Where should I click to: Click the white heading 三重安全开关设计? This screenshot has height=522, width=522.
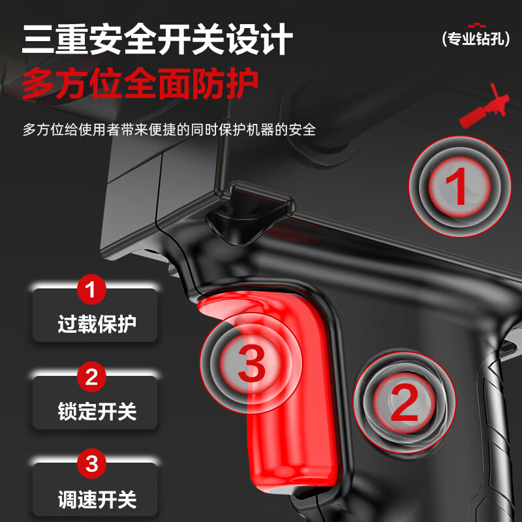157,40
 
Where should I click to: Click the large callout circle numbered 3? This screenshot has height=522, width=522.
251,362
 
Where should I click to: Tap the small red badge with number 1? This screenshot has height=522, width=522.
91,289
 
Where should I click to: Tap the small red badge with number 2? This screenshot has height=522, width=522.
91,376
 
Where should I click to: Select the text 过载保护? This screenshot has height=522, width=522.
97,324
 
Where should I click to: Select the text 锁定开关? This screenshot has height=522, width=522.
97,411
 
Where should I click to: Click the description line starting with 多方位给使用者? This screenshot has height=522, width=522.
169,129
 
